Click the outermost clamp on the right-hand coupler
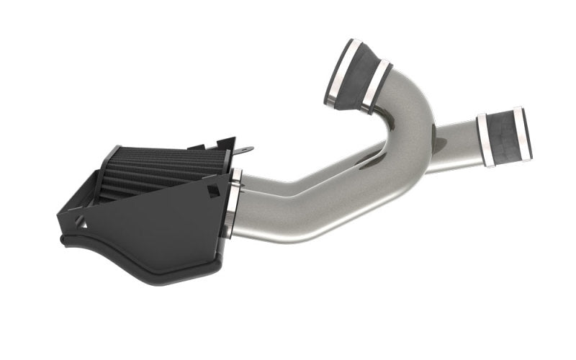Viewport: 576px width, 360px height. tap(521, 133)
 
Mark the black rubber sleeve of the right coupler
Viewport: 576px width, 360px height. tap(504, 137)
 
